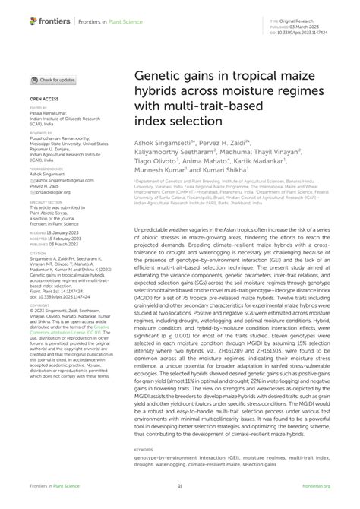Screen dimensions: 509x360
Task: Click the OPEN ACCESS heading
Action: (46, 99)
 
